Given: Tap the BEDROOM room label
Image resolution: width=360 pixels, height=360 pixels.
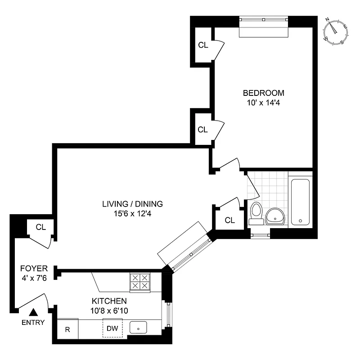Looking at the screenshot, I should click(263, 93).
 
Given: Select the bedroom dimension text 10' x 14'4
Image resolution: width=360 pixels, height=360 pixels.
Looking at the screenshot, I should click(263, 103).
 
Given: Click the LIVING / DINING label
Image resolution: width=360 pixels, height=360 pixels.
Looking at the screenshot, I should click(132, 204).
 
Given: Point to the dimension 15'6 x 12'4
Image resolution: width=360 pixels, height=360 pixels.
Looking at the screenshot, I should click(132, 214).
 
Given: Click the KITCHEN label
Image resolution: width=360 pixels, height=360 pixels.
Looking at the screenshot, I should click(109, 301).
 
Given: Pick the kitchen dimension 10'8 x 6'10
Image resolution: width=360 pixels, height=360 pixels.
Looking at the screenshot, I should click(109, 310).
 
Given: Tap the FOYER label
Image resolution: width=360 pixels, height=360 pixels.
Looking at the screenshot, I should click(34, 268).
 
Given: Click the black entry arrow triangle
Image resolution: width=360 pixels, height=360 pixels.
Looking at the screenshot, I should click(34, 312).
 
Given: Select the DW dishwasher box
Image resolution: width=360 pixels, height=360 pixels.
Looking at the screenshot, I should click(112, 328).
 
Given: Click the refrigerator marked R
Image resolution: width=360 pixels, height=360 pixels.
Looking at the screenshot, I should click(67, 329).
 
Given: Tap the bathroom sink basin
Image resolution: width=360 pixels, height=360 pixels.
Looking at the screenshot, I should click(274, 216).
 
